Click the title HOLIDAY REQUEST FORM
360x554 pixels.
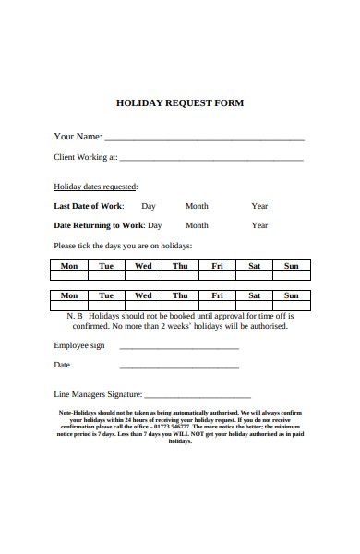[x=179, y=103]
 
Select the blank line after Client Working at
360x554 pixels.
[x=211, y=160]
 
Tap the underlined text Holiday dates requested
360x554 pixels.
[x=96, y=186]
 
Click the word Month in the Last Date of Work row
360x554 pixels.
[x=197, y=206]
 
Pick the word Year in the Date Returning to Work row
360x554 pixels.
[x=259, y=225]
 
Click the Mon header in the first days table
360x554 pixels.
[x=69, y=266]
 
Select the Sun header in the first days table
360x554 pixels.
[x=291, y=266]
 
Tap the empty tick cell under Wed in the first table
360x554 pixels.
[x=143, y=276]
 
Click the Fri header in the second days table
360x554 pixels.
[x=217, y=295]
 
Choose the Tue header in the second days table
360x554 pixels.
[x=106, y=295]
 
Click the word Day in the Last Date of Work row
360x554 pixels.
[x=148, y=206]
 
